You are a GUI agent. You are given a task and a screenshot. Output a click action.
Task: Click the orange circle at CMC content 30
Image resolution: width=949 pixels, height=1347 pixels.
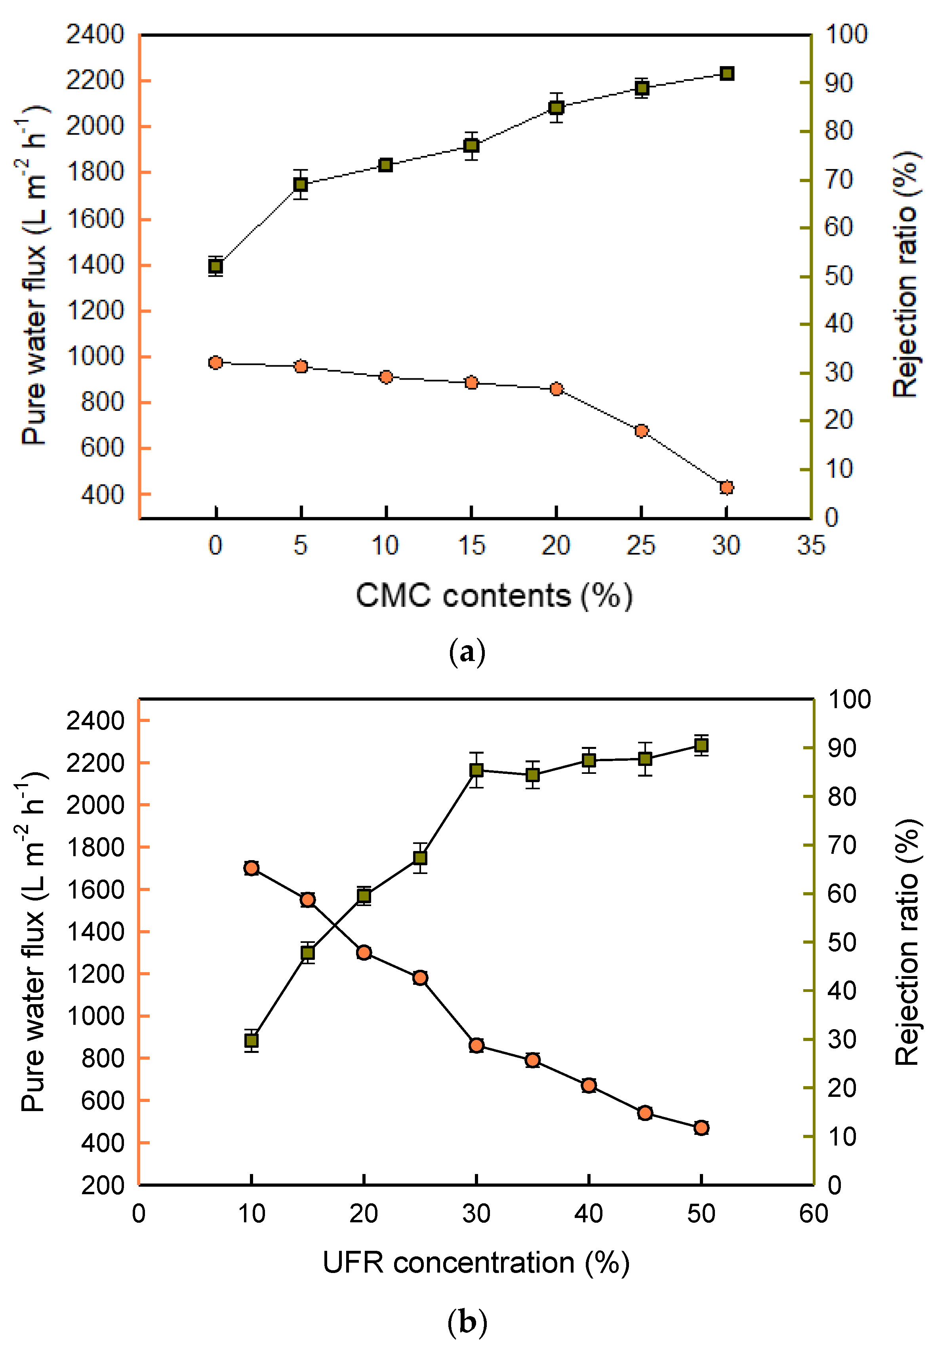726,488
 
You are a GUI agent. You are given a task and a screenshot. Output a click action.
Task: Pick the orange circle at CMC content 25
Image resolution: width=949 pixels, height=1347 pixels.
642,431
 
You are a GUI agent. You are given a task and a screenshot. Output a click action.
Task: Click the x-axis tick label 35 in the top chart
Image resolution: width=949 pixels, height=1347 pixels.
810,545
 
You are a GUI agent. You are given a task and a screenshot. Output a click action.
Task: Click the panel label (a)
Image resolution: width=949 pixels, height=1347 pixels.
467,652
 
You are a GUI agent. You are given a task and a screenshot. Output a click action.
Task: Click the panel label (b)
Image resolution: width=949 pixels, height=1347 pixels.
467,1322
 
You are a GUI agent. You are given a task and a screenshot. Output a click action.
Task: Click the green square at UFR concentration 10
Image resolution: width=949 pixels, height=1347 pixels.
251,1041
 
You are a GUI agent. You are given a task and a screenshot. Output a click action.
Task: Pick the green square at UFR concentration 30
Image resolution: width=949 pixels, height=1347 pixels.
476,770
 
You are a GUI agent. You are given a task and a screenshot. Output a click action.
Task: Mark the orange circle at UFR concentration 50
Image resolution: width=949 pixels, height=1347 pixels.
701,1128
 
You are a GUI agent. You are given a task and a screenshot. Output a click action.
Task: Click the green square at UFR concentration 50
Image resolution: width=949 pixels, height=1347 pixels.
701,745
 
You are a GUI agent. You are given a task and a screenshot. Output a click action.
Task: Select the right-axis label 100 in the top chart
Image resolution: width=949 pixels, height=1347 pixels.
846,34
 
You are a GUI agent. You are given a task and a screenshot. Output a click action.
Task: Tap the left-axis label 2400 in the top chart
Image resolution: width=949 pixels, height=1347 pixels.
95,34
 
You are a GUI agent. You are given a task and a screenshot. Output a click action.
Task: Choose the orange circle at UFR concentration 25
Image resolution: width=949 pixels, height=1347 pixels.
419,977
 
